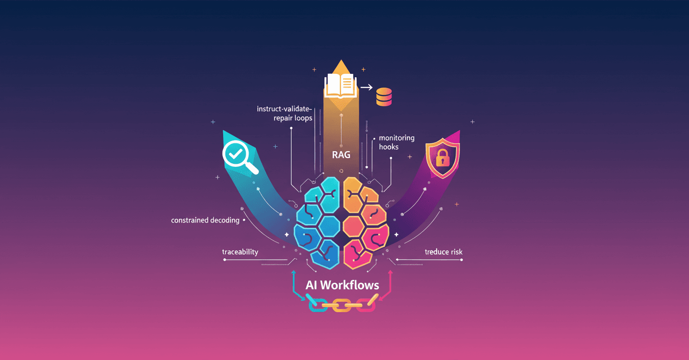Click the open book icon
(x=340, y=85)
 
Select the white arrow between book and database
(x=366, y=87)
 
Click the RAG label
(x=341, y=156)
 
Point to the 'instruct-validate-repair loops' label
(x=285, y=113)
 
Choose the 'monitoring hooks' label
(x=396, y=142)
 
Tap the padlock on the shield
(x=442, y=158)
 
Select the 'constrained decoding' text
(x=205, y=220)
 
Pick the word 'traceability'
(x=240, y=252)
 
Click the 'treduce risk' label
(x=443, y=252)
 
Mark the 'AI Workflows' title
(x=342, y=284)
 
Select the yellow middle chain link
(x=342, y=305)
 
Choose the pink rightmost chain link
(x=367, y=305)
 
